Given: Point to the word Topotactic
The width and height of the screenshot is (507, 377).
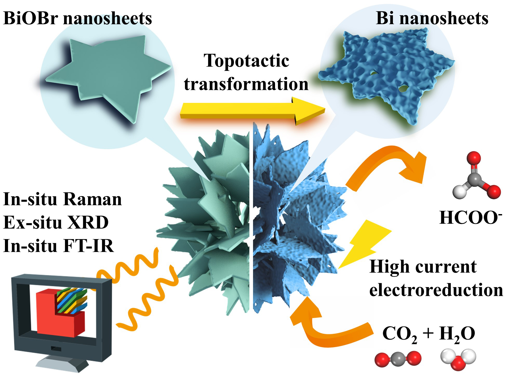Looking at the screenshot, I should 246,60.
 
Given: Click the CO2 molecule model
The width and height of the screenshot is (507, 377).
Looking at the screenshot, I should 397,359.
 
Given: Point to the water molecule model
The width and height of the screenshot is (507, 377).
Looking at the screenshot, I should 458,359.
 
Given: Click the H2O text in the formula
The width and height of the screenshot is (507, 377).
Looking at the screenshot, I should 457,334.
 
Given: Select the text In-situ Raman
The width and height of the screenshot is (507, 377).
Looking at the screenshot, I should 62,199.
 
